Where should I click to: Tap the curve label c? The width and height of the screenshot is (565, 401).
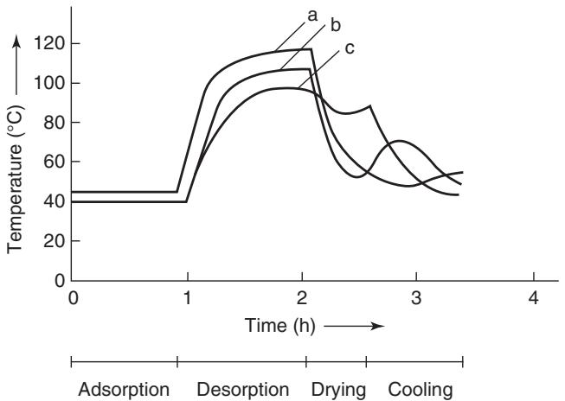click(x=349, y=48)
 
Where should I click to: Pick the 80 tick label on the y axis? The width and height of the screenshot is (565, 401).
click(x=48, y=123)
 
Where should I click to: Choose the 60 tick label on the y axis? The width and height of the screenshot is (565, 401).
click(x=48, y=162)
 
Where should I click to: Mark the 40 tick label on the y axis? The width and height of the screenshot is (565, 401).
click(x=48, y=201)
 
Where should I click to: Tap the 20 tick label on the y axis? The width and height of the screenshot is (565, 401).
click(x=48, y=241)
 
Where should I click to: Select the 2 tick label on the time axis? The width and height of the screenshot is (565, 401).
click(x=302, y=298)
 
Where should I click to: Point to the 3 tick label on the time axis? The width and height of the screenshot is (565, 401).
click(x=417, y=298)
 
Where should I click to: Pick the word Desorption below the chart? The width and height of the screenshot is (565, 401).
click(x=242, y=390)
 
